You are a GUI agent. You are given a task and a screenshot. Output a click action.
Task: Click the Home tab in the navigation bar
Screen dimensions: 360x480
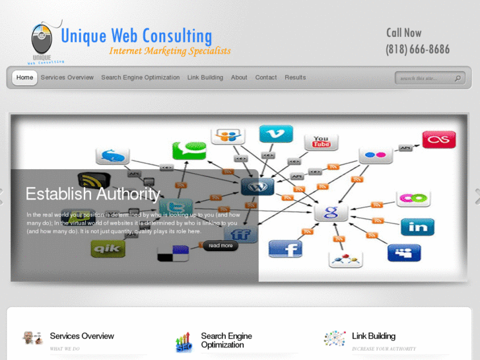click(24, 78)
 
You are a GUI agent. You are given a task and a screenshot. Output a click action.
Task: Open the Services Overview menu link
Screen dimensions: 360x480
click(67, 78)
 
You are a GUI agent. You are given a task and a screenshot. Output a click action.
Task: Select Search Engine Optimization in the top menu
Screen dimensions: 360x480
click(140, 78)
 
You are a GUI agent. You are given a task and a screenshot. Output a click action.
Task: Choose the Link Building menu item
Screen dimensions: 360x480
click(205, 78)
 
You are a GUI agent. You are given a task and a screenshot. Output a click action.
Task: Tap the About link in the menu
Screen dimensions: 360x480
click(239, 78)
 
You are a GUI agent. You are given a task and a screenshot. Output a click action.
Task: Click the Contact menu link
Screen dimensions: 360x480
click(266, 78)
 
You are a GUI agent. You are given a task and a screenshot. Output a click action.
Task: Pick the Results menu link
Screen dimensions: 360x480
click(295, 78)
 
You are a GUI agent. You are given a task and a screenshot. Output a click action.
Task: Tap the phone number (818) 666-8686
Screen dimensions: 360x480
click(417, 50)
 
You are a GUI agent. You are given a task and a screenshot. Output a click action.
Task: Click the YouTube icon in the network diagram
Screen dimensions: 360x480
click(322, 141)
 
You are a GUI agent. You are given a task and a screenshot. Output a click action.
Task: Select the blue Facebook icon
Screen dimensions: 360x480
click(285, 248)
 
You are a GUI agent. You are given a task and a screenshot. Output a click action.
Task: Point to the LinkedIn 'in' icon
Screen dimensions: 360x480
click(417, 227)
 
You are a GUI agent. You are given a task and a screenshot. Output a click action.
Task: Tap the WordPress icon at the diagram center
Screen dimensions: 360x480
click(257, 187)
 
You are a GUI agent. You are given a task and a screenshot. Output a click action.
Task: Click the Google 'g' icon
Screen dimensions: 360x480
click(331, 212)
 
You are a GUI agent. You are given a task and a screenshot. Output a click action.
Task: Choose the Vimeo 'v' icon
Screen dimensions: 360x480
click(276, 134)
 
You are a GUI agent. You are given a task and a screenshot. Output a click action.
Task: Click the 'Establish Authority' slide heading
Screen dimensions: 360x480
click(92, 194)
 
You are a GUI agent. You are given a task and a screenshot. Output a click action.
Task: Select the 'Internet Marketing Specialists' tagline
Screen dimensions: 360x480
click(170, 51)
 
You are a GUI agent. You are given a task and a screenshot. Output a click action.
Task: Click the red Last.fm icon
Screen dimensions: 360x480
click(439, 139)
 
